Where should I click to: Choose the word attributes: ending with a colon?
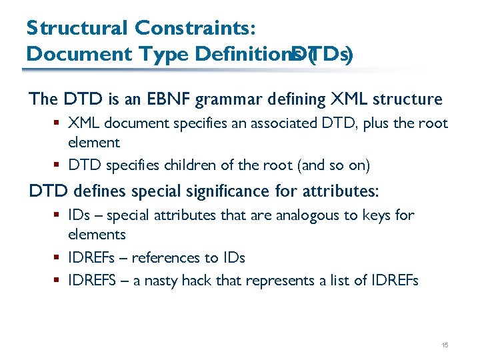pos(339,191)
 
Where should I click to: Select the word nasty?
pos(169,281)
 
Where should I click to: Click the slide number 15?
pos(445,345)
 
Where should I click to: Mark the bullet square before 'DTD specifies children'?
pos(59,165)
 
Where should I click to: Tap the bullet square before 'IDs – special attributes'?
pos(59,215)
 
